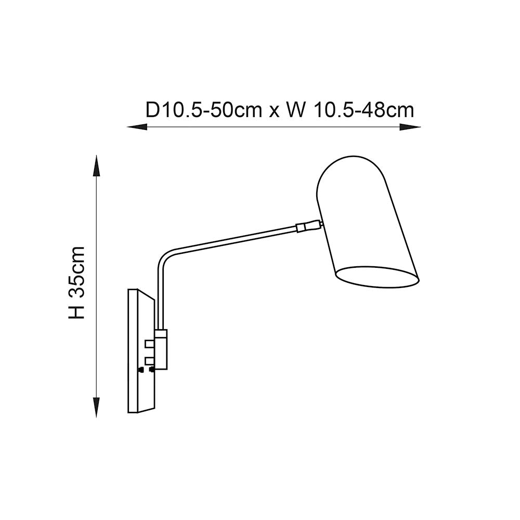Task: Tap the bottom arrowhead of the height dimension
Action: pos(96,408)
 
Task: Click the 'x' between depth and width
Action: pos(274,111)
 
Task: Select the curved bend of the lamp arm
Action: pos(164,260)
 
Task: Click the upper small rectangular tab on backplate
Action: pos(150,344)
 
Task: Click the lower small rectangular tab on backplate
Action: pos(150,361)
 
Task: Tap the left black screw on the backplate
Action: pos(140,370)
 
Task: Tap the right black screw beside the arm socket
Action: pos(151,370)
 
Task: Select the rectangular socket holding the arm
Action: pos(161,349)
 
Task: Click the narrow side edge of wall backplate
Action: pos(133,351)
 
